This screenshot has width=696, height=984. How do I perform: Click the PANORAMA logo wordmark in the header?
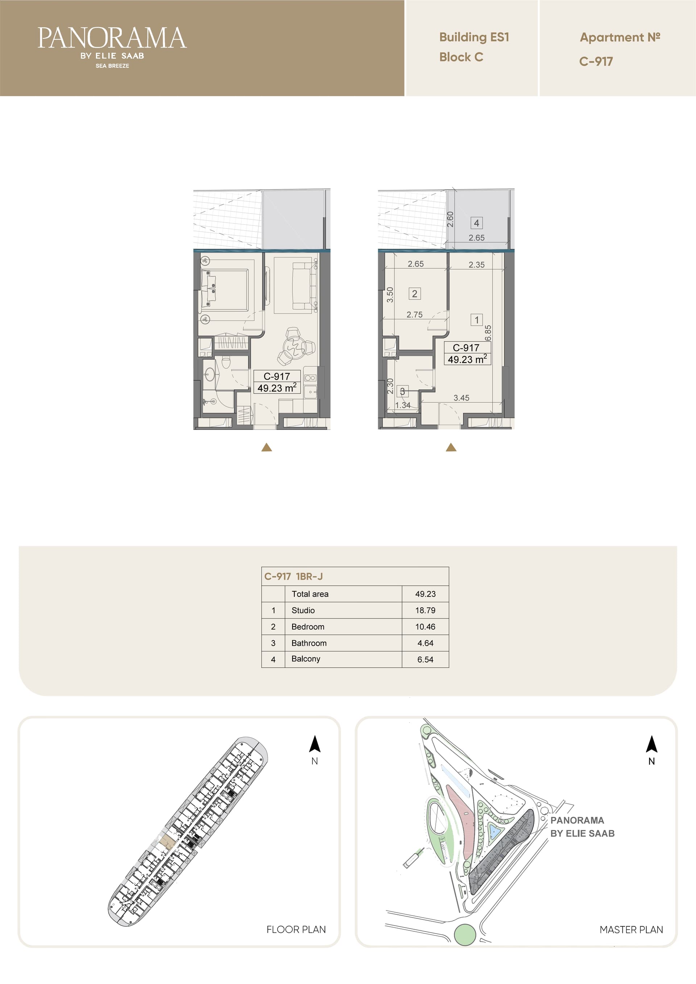pyautogui.click(x=112, y=38)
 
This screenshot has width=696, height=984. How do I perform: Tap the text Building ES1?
pyautogui.click(x=474, y=37)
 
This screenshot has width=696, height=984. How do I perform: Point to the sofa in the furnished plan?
pyautogui.click(x=303, y=285)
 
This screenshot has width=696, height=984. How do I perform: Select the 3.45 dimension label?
pyautogui.click(x=461, y=398)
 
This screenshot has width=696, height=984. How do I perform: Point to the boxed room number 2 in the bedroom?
pyautogui.click(x=414, y=294)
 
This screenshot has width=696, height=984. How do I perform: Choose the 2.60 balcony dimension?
pyautogui.click(x=450, y=219)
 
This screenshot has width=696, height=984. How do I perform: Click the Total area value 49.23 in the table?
pyautogui.click(x=425, y=594)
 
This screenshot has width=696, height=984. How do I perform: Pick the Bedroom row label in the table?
pyautogui.click(x=308, y=627)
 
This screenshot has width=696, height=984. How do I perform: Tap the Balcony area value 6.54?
pyautogui.click(x=425, y=660)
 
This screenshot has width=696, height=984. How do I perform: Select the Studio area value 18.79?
pyautogui.click(x=425, y=610)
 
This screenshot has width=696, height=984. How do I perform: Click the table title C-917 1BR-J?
pyautogui.click(x=294, y=576)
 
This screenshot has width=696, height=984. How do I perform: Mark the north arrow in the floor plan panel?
pyautogui.click(x=315, y=744)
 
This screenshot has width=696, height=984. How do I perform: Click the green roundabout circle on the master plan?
pyautogui.click(x=465, y=934)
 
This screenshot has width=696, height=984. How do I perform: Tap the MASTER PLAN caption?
pyautogui.click(x=631, y=930)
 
